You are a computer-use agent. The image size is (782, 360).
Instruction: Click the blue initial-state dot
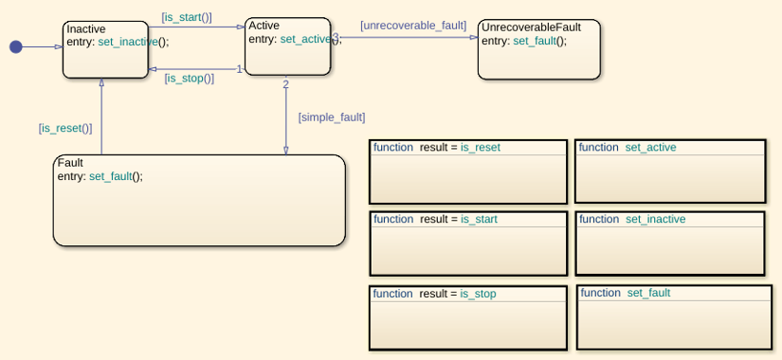16,46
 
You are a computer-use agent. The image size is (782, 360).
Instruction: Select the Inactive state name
86,29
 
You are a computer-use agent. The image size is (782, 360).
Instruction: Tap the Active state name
264,26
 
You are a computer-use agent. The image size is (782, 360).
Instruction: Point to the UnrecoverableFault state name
532,27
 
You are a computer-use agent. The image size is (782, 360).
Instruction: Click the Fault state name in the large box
70,163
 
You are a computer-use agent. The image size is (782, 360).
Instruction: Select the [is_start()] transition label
187,17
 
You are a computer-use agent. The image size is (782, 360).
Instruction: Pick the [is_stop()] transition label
190,79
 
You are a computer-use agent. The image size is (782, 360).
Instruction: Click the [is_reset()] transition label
65,128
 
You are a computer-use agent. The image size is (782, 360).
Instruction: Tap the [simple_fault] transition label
332,118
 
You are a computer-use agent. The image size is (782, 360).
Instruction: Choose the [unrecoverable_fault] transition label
413,26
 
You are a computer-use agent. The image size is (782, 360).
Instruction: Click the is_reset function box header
468,148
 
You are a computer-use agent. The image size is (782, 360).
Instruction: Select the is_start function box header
468,220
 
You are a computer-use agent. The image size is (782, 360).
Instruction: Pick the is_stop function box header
468,295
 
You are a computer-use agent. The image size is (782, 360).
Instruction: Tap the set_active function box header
670,148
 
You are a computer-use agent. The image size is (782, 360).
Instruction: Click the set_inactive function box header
670,220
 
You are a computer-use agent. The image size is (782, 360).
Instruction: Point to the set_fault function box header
674,293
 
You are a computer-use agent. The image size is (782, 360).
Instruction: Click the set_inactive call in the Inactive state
128,42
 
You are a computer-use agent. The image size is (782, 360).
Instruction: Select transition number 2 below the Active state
285,84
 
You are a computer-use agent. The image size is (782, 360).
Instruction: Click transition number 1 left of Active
240,69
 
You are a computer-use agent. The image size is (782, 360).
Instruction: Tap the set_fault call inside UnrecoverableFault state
535,41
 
